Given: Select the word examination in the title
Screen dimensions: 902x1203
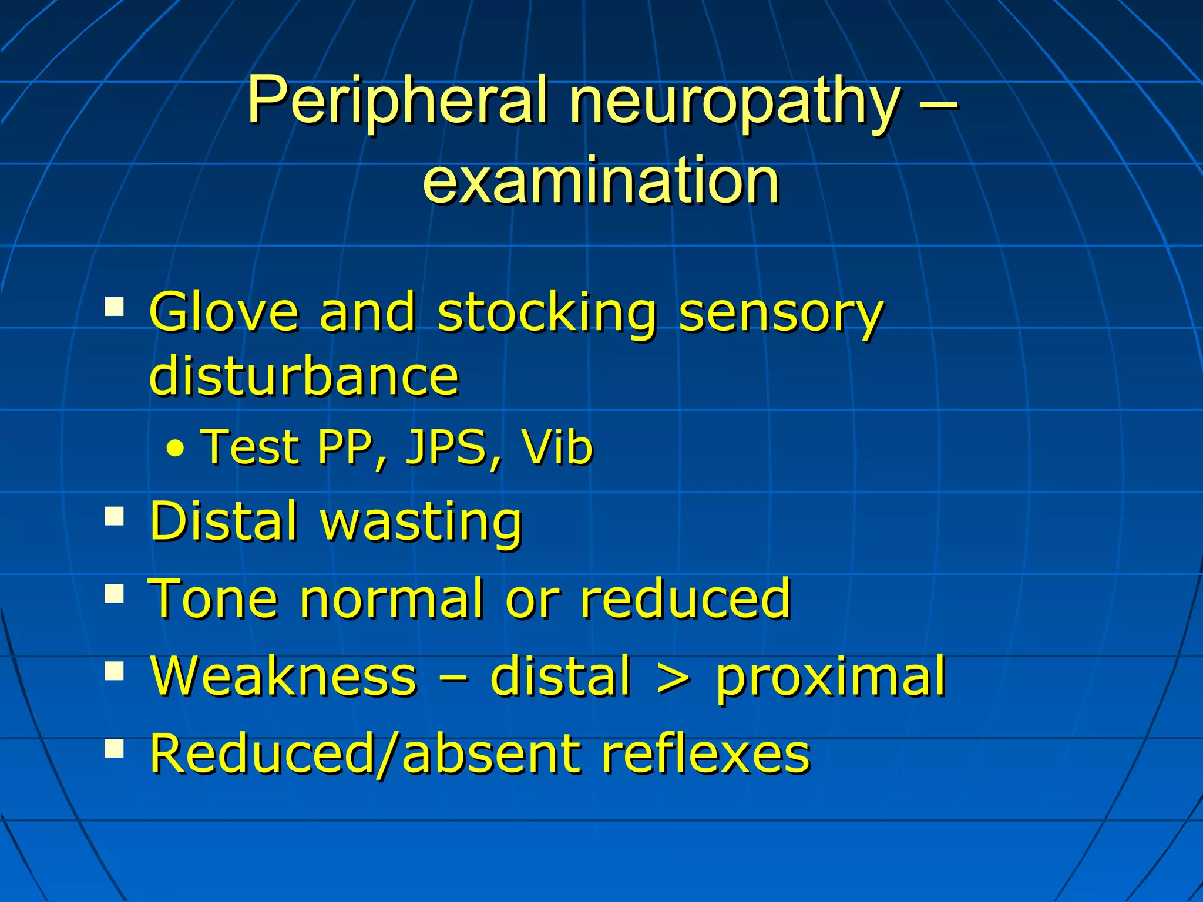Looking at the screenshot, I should pyautogui.click(x=600, y=181).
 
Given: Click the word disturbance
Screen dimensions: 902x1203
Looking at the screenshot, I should pyautogui.click(x=304, y=376).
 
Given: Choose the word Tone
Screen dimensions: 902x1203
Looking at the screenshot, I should pyautogui.click(x=213, y=598).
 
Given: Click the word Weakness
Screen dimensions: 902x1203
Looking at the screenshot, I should pyautogui.click(x=284, y=676).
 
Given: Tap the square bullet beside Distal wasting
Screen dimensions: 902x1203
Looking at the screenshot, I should pyautogui.click(x=115, y=517).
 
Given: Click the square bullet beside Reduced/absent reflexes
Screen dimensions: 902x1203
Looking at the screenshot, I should pyautogui.click(x=115, y=748).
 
